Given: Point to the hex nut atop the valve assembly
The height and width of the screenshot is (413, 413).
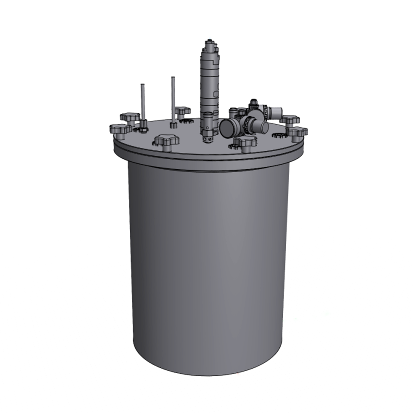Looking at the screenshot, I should tap(253, 102).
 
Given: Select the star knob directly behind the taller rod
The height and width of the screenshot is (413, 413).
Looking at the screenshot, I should tap(182, 110).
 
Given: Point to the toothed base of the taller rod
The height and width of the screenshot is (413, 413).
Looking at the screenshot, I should tap(173, 125).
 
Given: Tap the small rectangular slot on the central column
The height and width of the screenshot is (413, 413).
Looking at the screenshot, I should tap(216, 93).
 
